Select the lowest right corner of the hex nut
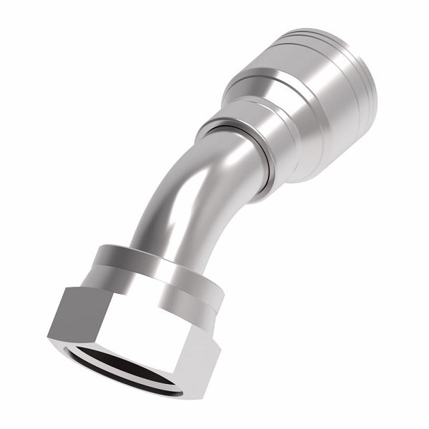(x=182, y=398)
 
